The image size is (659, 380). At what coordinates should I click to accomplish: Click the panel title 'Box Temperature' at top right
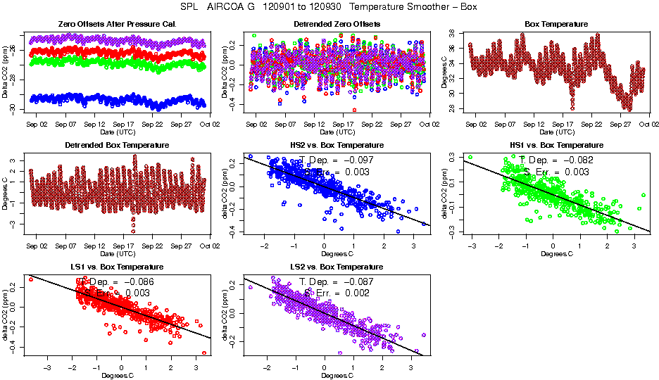(556, 24)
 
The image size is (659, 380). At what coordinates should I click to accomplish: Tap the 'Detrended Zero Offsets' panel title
(337, 24)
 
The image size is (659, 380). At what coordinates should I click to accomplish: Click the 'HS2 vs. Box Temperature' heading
(337, 146)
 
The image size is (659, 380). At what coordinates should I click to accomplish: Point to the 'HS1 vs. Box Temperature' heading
(556, 146)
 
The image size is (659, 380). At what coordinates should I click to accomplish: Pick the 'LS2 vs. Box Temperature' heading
(337, 267)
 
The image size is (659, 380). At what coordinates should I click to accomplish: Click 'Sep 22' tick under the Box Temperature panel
(593, 125)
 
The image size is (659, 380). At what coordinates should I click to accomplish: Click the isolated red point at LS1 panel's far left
(31, 279)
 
